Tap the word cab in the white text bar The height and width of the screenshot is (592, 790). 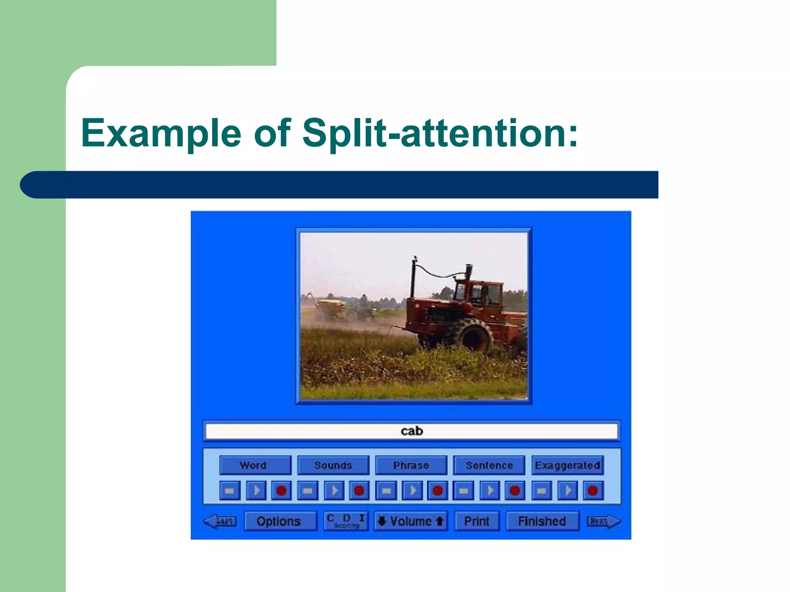(x=412, y=431)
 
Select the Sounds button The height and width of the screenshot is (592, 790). (x=333, y=465)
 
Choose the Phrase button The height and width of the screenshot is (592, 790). (x=411, y=465)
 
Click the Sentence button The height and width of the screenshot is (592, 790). (x=489, y=465)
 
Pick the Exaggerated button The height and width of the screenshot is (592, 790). (x=567, y=465)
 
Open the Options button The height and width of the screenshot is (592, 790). (x=279, y=521)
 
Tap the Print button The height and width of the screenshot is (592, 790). (x=477, y=521)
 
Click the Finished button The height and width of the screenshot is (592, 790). (x=542, y=521)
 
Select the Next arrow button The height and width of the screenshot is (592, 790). (x=603, y=521)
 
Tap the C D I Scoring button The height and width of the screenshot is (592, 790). (x=346, y=521)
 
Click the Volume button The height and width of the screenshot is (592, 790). (x=411, y=521)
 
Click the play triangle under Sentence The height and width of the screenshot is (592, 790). (x=490, y=491)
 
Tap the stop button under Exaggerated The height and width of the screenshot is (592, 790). (x=541, y=491)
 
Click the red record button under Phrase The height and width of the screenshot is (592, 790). (x=437, y=491)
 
